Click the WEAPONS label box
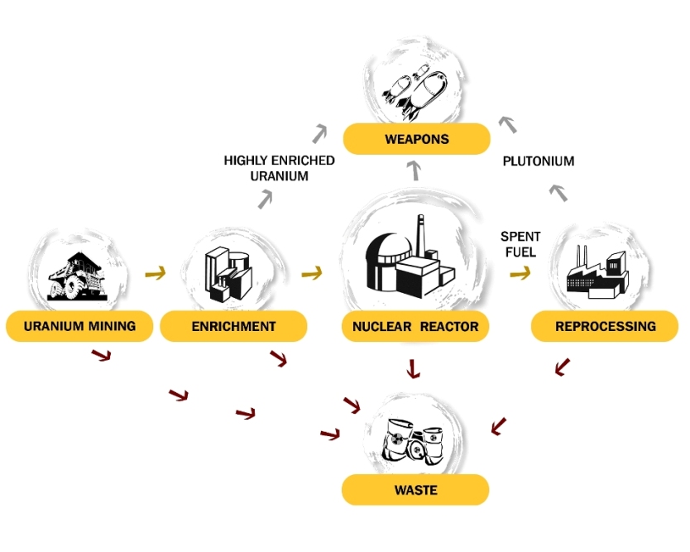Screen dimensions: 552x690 pyautogui.click(x=416, y=139)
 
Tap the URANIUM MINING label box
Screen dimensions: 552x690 pyautogui.click(x=79, y=326)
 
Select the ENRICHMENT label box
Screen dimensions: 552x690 pyautogui.click(x=233, y=326)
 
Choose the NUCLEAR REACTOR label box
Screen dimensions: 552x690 pyautogui.click(x=415, y=326)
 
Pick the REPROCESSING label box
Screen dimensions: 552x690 pyautogui.click(x=605, y=326)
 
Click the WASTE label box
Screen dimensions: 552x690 pyautogui.click(x=415, y=490)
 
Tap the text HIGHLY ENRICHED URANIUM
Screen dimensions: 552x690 pyautogui.click(x=279, y=168)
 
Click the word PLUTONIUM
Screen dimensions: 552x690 pyautogui.click(x=539, y=161)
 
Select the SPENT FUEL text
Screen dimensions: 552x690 pyautogui.click(x=520, y=244)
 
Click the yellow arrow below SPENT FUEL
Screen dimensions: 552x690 pyautogui.click(x=520, y=271)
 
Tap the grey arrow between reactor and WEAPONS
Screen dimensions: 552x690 pyautogui.click(x=416, y=172)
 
